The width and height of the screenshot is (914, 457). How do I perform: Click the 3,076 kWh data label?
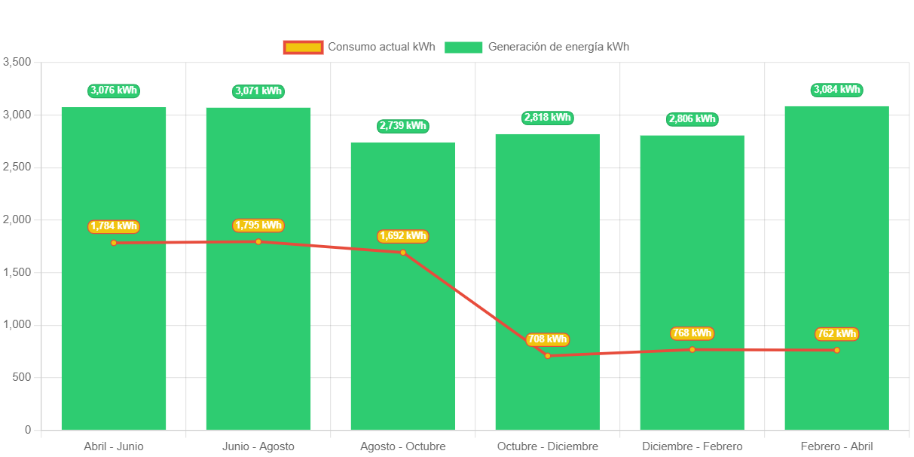[x=114, y=90]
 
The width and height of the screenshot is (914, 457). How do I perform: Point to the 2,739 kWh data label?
[x=403, y=126]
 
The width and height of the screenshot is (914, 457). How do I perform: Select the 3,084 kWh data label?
[x=836, y=90]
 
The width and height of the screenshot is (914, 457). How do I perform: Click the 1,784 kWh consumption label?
[x=114, y=226]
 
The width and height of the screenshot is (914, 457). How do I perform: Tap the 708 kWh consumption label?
[x=547, y=339]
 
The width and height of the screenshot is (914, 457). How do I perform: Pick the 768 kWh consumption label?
[x=692, y=333]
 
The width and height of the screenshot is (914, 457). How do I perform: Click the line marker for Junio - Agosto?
[x=258, y=241]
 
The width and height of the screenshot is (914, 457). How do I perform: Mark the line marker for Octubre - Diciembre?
[x=547, y=355]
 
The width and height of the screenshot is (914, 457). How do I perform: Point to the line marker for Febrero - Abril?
[x=836, y=350]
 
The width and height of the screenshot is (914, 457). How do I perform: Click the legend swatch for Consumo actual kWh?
[x=303, y=47]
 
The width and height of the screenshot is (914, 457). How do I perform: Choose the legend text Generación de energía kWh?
[x=558, y=47]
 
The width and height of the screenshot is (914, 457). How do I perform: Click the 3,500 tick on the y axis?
[x=17, y=61]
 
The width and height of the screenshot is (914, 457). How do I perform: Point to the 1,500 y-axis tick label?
[x=17, y=271]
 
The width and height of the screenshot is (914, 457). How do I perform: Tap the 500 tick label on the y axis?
[x=23, y=377]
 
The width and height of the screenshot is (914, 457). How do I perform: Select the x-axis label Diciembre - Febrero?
[x=692, y=446]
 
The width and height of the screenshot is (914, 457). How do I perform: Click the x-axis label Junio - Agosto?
[x=258, y=446]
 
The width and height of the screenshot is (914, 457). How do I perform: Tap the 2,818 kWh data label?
[x=547, y=118]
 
